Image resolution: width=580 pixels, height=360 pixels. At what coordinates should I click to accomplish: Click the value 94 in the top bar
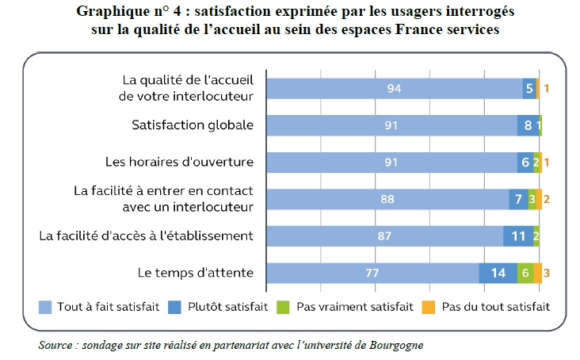(x=394, y=88)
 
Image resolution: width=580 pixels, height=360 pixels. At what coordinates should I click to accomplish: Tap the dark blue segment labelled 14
(x=498, y=273)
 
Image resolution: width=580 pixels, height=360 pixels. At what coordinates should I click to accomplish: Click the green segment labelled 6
(x=525, y=273)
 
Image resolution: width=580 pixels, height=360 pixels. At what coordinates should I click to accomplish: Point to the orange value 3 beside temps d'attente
(x=547, y=273)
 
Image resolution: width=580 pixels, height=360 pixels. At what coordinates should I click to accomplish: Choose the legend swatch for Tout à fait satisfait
(x=45, y=306)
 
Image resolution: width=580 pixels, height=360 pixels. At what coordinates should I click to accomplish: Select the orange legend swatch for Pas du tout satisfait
(x=429, y=306)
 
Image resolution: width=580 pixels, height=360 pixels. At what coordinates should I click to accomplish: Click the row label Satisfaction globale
(x=192, y=125)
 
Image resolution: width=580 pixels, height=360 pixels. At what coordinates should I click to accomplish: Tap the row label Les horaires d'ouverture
(x=179, y=162)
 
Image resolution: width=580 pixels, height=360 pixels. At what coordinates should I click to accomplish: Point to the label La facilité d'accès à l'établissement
(x=146, y=236)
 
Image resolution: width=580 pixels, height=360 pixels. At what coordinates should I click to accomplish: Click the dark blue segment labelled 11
(x=518, y=236)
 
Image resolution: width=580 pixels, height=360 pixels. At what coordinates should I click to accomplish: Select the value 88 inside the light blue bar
(x=387, y=199)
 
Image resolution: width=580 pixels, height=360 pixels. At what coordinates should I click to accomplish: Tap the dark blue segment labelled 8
(x=528, y=125)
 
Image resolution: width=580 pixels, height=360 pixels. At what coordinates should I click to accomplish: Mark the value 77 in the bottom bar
(x=372, y=273)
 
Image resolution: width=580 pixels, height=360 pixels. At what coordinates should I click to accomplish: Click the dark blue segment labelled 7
(x=518, y=199)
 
